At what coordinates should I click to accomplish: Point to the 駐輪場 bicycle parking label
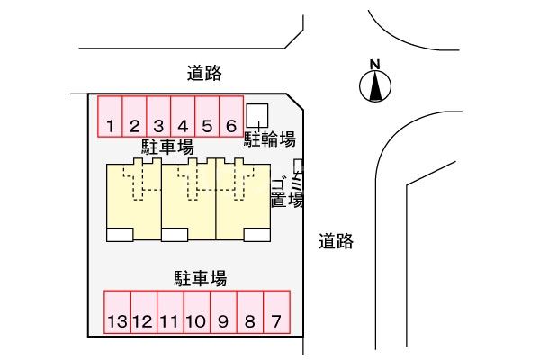point(270,139)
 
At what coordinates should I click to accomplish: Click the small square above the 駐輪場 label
point(258,115)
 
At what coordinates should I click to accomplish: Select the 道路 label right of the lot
point(336,240)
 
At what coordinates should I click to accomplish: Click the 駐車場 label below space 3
point(167,147)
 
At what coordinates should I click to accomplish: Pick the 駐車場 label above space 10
point(200,277)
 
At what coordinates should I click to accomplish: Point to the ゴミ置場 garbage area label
point(286,191)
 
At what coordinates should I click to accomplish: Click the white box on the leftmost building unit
point(120,235)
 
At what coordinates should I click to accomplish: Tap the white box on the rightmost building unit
point(257,235)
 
